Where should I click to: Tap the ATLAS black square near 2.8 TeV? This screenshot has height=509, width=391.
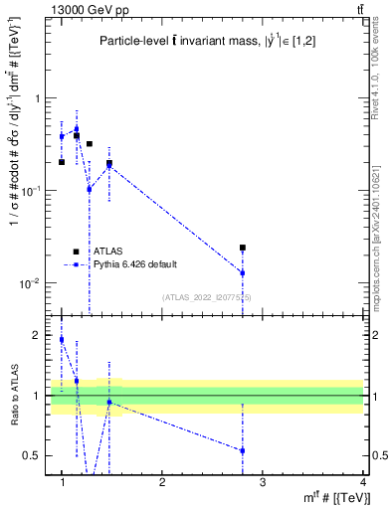pyautogui.click(x=243, y=248)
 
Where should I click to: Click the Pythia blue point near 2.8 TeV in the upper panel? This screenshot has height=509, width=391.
pyautogui.click(x=243, y=272)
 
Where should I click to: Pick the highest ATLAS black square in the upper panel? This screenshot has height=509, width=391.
pyautogui.click(x=77, y=135)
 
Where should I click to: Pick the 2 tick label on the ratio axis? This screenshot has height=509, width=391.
pyautogui.click(x=39, y=336)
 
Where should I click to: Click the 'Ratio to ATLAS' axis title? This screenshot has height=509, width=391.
pyautogui.click(x=13, y=395)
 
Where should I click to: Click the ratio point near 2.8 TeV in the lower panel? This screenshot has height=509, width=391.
pyautogui.click(x=243, y=450)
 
